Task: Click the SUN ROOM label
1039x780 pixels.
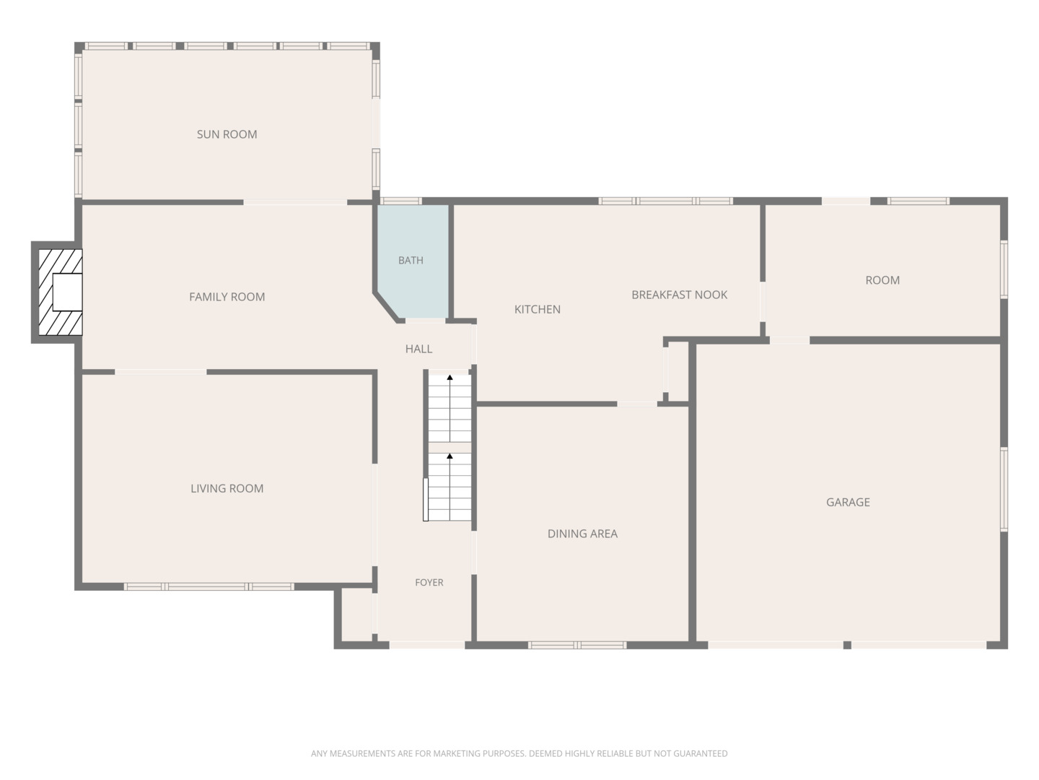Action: (x=227, y=134)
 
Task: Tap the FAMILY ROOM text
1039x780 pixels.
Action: (x=227, y=297)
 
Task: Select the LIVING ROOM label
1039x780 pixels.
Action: (x=227, y=488)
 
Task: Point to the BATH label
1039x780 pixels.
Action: (x=411, y=260)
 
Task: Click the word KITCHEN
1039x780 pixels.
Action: (x=538, y=309)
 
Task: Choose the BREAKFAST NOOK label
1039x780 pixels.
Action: (x=679, y=295)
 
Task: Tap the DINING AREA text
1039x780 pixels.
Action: (x=582, y=534)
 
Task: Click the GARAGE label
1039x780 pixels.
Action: (x=848, y=502)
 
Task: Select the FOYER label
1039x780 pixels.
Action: (x=429, y=583)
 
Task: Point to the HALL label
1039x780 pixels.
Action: (x=418, y=349)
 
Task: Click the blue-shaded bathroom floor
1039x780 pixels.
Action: (x=413, y=261)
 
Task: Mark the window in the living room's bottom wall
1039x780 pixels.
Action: (x=209, y=586)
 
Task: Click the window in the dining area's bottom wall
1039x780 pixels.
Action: (x=577, y=645)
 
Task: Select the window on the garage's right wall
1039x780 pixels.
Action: (x=1004, y=489)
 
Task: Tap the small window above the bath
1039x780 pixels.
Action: (x=401, y=201)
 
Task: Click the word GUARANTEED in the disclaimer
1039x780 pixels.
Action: (x=701, y=753)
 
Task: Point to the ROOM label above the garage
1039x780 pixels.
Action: (x=882, y=280)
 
